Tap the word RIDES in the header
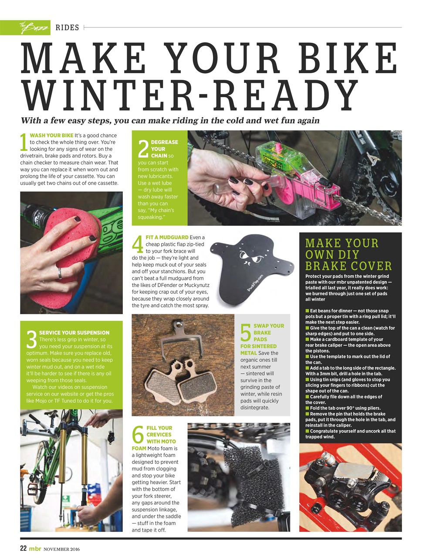click(67, 28)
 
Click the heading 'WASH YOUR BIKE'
click(51, 136)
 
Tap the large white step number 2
click(143, 149)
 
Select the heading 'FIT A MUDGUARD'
click(167, 238)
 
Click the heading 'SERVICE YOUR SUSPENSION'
click(74, 333)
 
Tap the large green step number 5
click(246, 333)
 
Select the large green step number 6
click(138, 435)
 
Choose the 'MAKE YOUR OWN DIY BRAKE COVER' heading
click(348, 255)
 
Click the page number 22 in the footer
click(24, 549)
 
